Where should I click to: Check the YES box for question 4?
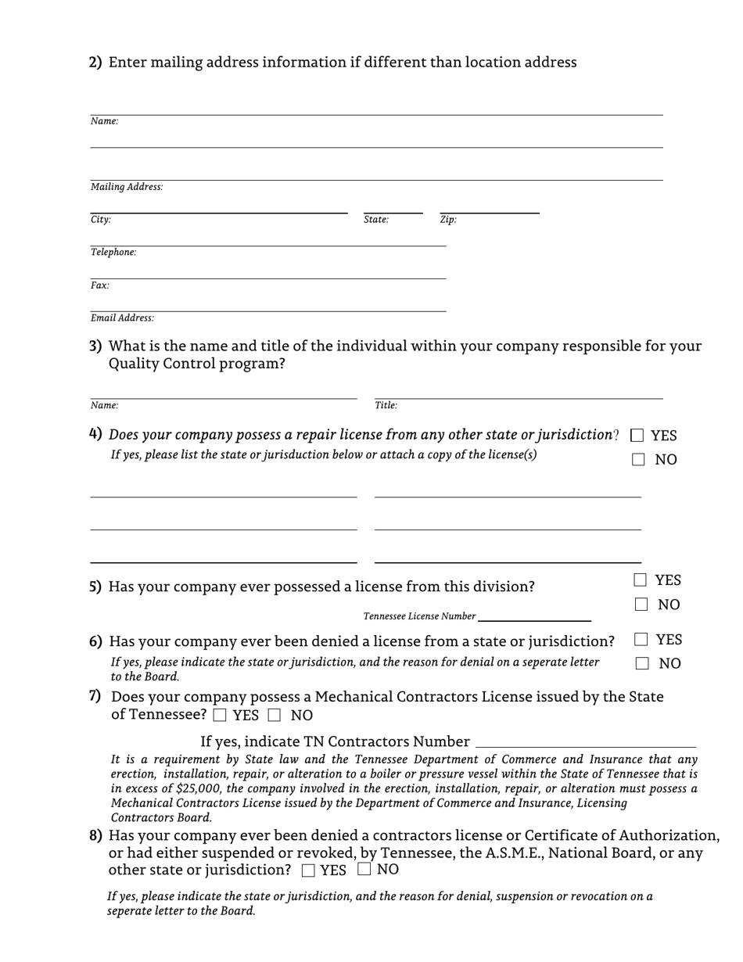coord(637,435)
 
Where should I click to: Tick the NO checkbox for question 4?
coord(639,460)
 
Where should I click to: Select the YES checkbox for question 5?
coord(640,580)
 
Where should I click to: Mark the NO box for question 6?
coord(641,663)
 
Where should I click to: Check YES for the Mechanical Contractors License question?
coord(220,715)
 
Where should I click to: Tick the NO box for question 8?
coord(364,869)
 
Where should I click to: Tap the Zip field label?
coord(448,220)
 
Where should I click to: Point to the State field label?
coord(376,220)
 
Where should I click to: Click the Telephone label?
coord(113,252)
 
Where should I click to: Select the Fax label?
coord(99,285)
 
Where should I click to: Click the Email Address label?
coord(122,318)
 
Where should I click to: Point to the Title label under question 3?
coord(386,405)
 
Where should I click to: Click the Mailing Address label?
coord(127,187)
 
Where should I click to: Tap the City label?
coord(101,220)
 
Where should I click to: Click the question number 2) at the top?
coord(95,63)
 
